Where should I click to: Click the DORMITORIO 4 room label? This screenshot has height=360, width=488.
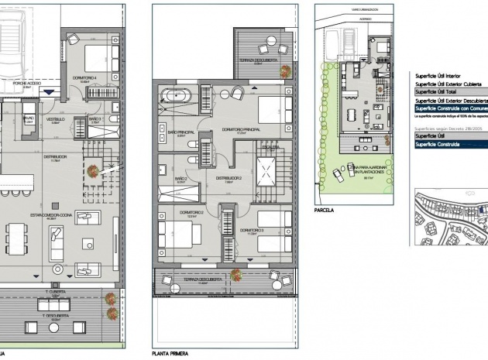[84, 77]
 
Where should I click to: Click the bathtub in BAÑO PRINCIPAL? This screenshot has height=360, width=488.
[177, 97]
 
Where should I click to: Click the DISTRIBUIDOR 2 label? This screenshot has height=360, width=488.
[230, 177]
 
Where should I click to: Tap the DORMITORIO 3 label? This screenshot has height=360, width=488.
[252, 230]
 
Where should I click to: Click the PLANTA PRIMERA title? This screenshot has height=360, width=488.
[172, 352]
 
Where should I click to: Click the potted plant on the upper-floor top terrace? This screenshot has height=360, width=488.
[286, 73]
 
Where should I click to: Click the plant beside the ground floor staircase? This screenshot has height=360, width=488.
[93, 171]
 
